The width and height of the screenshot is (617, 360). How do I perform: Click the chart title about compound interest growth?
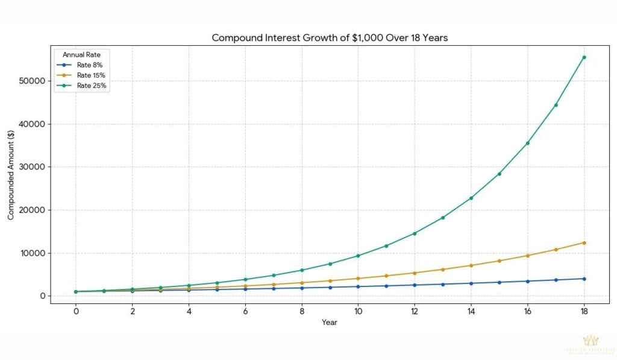pos(330,37)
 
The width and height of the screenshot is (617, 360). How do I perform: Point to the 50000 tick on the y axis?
pos(34,81)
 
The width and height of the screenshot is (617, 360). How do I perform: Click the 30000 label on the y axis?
pos(34,167)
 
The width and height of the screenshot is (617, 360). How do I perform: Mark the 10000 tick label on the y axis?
pos(34,253)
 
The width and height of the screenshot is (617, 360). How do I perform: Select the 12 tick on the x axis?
pos(414,312)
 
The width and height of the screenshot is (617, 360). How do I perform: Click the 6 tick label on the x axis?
pos(245,312)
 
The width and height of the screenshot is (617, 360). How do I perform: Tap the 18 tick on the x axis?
pos(583,312)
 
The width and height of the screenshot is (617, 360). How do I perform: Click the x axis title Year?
pos(330,323)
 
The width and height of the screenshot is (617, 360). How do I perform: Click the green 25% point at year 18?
pos(584,57)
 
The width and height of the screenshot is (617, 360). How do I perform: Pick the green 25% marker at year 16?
pos(527,143)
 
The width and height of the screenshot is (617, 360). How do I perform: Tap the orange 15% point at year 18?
pos(584,242)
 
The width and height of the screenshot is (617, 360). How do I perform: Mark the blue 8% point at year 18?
pos(584,279)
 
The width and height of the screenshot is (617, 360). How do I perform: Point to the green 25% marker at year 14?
pos(471,198)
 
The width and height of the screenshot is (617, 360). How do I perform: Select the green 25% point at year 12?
pos(415,233)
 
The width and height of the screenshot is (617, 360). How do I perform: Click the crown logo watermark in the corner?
pos(590,341)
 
